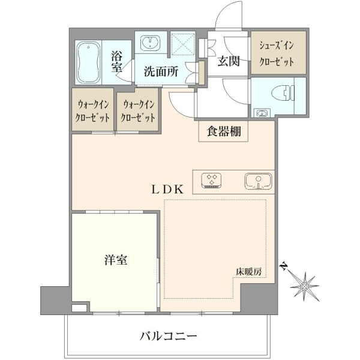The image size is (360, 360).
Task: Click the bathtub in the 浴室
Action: coord(88,62)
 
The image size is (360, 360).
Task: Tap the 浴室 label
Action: coord(117,61)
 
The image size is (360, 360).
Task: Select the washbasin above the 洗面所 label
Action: coord(151,43)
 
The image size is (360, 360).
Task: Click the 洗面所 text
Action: coord(161,72)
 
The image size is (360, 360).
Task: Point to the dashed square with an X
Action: coord(183,44)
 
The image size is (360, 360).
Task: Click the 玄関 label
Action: coord(229,61)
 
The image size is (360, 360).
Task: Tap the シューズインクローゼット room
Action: coord(278,53)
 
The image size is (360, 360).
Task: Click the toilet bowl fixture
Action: coord(283,93)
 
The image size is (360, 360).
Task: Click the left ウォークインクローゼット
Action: coord(93,110)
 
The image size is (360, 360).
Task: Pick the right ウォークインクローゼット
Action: coord(137,110)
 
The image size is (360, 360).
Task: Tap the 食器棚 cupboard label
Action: coord(224,131)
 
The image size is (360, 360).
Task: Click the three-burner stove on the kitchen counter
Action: coord(211,181)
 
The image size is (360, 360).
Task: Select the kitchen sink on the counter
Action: coord(258,181)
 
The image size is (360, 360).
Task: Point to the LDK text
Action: coord(167,190)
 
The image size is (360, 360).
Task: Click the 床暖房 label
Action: coord(248,272)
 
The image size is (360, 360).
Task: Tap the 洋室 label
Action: coord(116,260)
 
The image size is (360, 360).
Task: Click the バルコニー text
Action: coord(168,337)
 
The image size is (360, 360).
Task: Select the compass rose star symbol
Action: coord(304,287)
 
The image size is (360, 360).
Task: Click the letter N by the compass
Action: coord(284,266)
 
